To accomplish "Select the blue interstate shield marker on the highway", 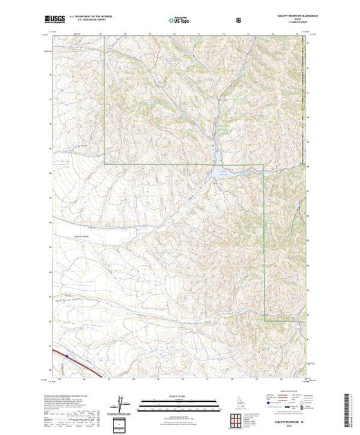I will point(66,356).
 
